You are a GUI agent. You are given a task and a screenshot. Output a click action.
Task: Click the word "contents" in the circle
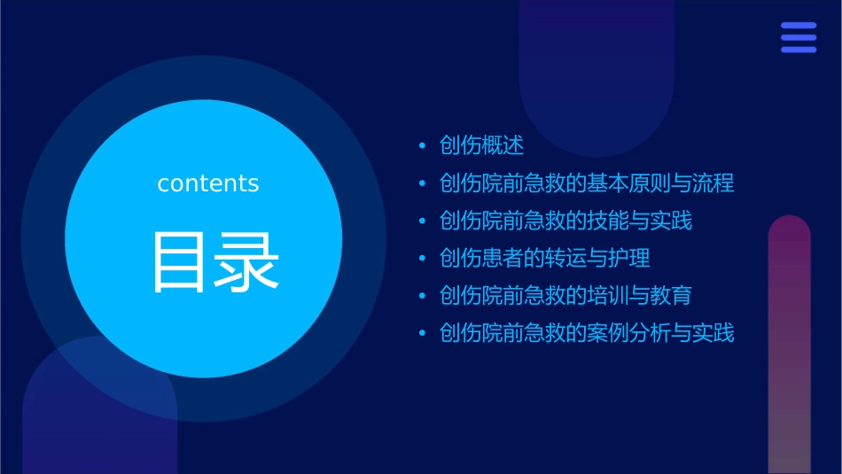click(208, 183)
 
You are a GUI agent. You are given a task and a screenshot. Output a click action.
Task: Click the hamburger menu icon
click(799, 37)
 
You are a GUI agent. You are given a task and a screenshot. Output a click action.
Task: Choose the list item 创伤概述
click(481, 145)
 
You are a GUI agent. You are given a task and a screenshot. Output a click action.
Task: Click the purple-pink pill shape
click(789, 346)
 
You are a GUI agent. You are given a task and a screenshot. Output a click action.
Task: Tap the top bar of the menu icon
click(799, 26)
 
